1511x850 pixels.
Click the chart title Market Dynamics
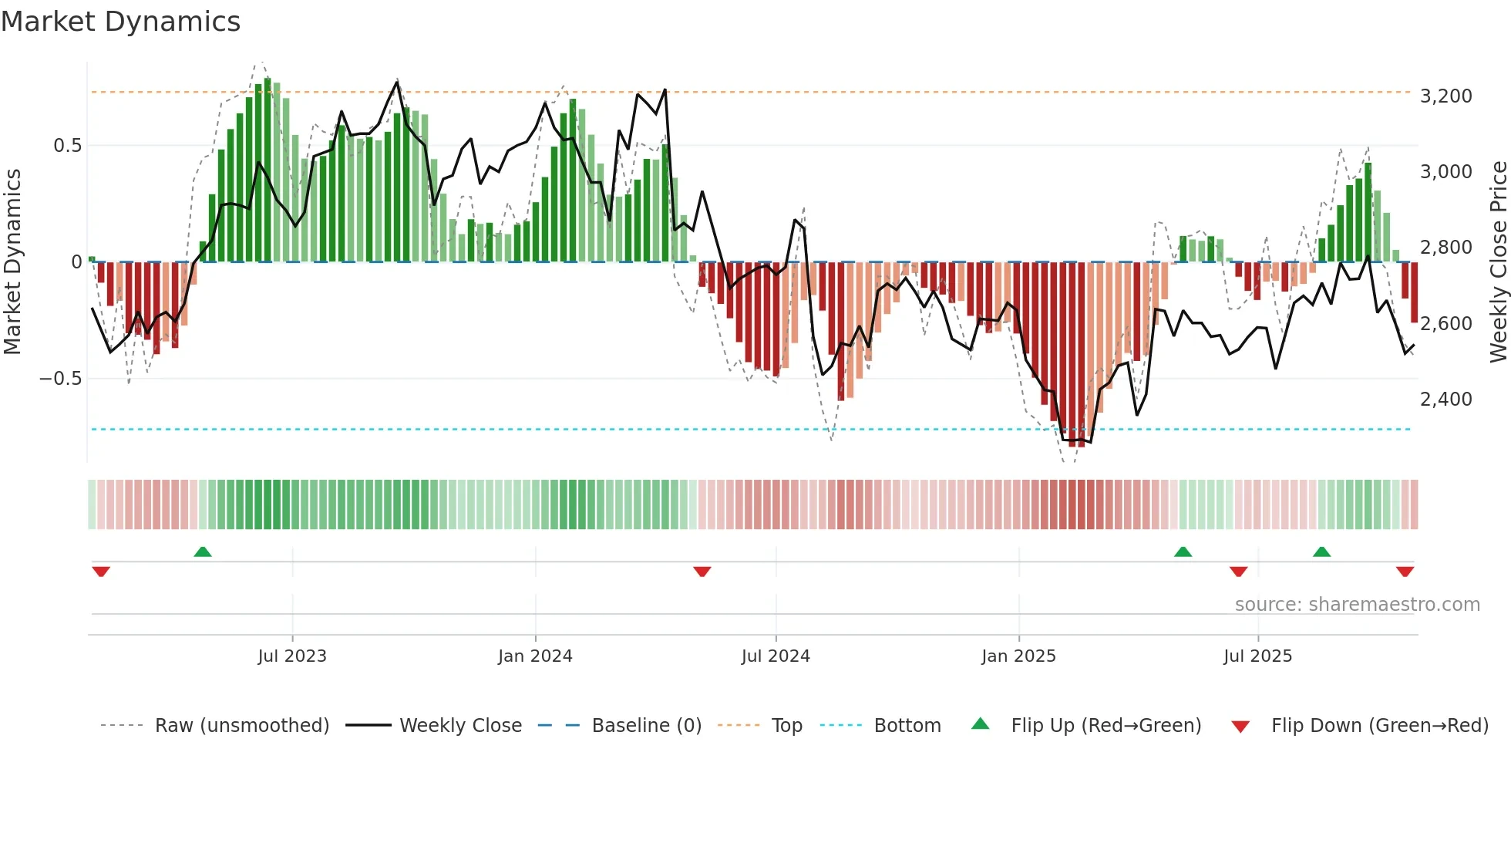[x=120, y=22]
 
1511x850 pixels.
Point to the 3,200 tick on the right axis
[x=1445, y=96]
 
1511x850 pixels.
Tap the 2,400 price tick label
[x=1445, y=400]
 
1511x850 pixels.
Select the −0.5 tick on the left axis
[x=60, y=379]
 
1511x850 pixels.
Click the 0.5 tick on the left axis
[x=67, y=146]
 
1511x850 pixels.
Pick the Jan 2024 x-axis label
[x=535, y=656]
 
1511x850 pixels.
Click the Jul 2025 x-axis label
[x=1257, y=656]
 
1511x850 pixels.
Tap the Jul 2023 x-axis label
[x=292, y=656]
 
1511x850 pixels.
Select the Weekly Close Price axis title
[x=1498, y=261]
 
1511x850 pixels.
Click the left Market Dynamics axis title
[x=13, y=261]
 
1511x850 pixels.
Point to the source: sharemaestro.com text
[x=1357, y=605]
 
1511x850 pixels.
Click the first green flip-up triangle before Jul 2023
[x=203, y=552]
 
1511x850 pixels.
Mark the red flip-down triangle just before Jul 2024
[x=702, y=572]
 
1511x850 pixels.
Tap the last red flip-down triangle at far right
[x=1405, y=572]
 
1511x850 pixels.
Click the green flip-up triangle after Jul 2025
[x=1321, y=552]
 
